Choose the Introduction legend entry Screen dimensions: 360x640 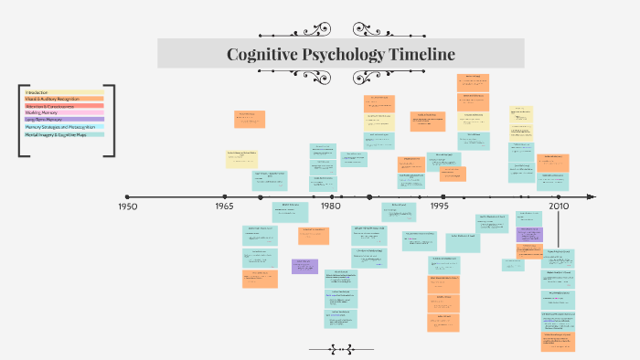point(37,92)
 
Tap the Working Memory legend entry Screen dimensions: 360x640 point(43,112)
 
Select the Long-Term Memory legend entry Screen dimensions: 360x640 point(47,120)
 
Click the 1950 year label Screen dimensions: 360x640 point(127,206)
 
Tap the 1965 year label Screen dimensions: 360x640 point(225,206)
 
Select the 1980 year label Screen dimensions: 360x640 point(330,206)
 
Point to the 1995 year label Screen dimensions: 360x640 point(440,206)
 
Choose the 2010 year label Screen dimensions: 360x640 point(558,206)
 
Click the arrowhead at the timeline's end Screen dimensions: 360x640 point(591,196)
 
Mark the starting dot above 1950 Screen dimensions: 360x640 point(127,196)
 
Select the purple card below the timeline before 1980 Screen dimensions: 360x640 point(304,266)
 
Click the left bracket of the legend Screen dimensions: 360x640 point(20,120)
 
